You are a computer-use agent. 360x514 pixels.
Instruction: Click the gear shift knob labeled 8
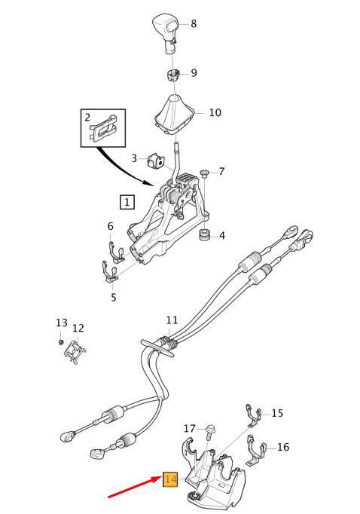coord(166,31)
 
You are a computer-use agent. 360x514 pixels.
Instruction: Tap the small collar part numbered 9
coord(172,75)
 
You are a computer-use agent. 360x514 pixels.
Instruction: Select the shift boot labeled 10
coord(174,114)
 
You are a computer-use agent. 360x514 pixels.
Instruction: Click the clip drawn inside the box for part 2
coord(103,129)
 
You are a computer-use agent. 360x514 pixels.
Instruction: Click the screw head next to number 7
coord(205,173)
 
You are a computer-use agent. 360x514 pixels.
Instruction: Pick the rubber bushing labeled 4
coord(204,234)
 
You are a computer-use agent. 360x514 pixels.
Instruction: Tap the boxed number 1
coord(127,202)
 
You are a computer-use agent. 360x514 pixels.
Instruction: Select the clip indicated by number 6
coord(116,252)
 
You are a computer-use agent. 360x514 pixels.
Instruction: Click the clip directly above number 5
coord(110,272)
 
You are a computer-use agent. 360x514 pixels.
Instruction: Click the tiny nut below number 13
coord(60,342)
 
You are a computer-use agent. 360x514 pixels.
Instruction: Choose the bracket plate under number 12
coord(75,352)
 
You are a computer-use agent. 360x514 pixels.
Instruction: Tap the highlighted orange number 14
coord(170,480)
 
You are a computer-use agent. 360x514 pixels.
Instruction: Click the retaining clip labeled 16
coord(256,450)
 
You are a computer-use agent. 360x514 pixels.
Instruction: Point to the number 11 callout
coord(172,320)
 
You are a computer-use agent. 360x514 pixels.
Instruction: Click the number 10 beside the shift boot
coord(215,112)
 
